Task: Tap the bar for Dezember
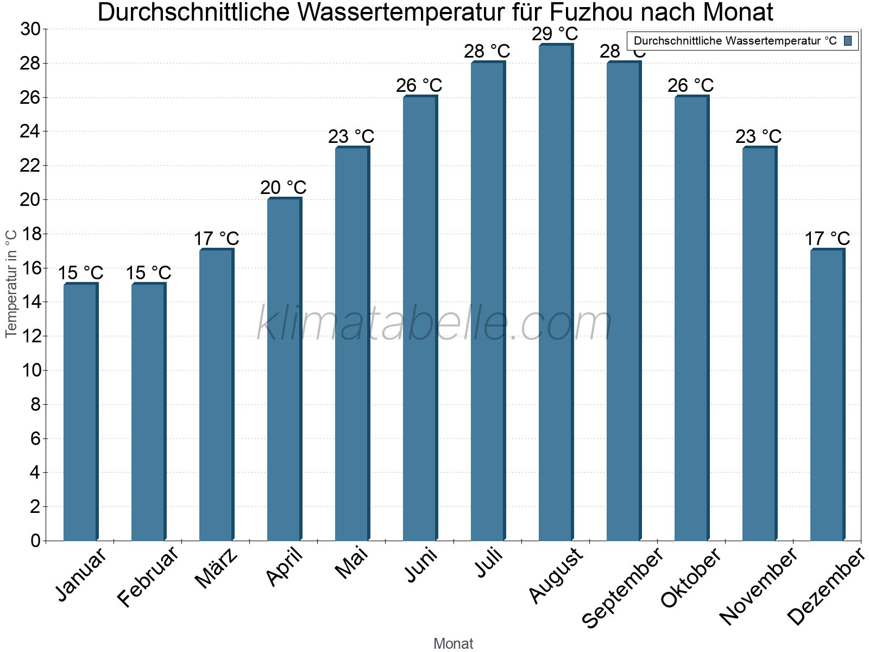[827, 395]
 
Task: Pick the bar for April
[284, 369]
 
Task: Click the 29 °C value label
[555, 34]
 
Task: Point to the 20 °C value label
[284, 188]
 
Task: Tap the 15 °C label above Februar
[149, 273]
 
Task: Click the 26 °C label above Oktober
[691, 86]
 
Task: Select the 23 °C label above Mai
[351, 137]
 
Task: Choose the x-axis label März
[217, 568]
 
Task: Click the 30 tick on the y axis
[30, 29]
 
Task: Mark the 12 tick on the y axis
[30, 337]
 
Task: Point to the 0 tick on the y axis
[36, 541]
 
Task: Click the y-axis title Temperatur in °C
[11, 284]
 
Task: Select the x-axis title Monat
[454, 644]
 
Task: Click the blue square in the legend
[848, 41]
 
